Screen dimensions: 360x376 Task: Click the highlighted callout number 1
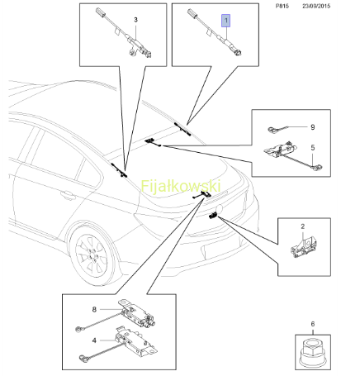226,21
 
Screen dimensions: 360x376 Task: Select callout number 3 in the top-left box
135,20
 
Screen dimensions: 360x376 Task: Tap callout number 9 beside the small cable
313,127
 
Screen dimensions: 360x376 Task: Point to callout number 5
313,147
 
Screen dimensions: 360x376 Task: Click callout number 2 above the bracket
303,226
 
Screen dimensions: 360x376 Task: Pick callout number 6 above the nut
313,324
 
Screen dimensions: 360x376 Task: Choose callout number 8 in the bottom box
94,309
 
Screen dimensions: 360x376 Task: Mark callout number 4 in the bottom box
94,340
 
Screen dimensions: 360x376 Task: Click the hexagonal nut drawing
313,352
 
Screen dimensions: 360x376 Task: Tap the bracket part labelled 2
304,247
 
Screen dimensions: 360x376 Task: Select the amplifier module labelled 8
137,313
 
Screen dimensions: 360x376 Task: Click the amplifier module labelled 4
135,340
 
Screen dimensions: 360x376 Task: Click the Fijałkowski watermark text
181,186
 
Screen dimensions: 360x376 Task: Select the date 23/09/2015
316,6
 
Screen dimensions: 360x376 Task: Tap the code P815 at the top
282,6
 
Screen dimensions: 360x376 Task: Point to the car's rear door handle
68,195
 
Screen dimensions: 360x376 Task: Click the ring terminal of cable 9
272,129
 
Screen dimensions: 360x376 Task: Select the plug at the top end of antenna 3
101,12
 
